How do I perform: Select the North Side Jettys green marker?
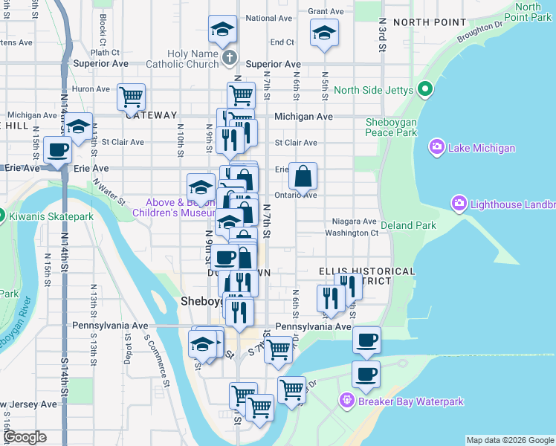426,91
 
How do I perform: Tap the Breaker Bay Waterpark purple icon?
346,401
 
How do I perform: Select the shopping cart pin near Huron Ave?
131,97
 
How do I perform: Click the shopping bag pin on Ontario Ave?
303,177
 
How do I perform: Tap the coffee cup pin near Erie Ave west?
57,149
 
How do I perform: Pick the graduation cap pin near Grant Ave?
324,33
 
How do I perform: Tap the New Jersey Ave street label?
28,404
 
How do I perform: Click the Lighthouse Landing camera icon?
459,202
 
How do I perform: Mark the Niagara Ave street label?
355,221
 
